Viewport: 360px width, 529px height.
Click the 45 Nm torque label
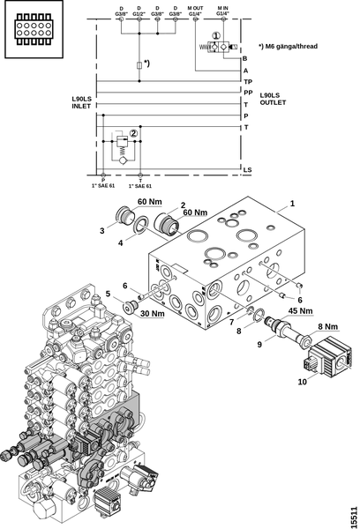[300, 310]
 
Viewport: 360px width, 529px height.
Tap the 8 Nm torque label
[327, 326]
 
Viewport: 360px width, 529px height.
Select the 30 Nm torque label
[153, 313]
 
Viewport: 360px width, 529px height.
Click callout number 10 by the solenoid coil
[303, 382]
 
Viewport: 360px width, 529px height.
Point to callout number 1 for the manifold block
[292, 204]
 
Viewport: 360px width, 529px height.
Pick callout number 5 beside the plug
[108, 294]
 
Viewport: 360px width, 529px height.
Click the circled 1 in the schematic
[216, 35]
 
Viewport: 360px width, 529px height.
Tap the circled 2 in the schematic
[134, 133]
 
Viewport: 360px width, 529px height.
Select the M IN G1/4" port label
[222, 11]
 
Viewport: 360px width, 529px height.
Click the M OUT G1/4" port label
[195, 11]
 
